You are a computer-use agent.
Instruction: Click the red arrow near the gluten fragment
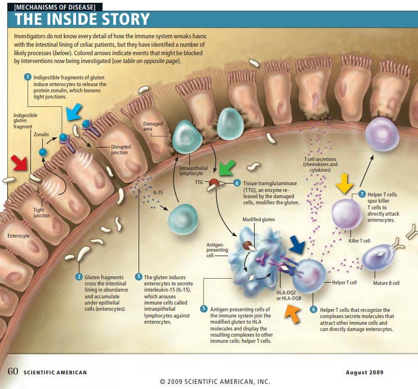19,163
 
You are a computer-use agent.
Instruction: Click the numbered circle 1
26,77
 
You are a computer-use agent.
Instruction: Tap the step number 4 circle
237,183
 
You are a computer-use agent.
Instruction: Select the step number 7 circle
361,194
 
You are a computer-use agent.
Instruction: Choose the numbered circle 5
203,309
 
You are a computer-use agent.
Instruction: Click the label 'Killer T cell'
359,241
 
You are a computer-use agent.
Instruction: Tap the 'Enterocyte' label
18,235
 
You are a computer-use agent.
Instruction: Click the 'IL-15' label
158,193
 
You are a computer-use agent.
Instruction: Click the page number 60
13,372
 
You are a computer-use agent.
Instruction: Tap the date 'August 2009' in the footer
364,373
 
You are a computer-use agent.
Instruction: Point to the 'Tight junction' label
42,212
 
